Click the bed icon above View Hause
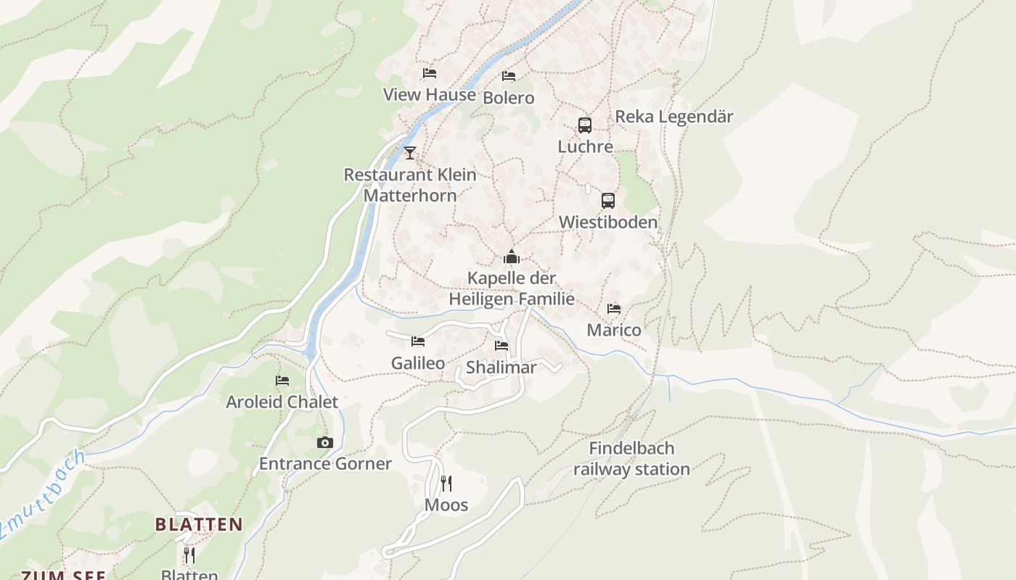coord(430,73)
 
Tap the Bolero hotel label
coord(508,98)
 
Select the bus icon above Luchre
coord(585,125)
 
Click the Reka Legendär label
coord(674,117)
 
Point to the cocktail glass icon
coord(410,152)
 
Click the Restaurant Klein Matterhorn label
coord(410,185)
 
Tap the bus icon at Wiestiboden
coord(608,201)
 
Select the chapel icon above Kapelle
coord(512,257)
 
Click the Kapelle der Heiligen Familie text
coord(512,289)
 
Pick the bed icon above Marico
coord(614,309)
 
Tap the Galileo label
coord(418,363)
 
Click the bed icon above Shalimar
coord(501,346)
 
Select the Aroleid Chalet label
coord(282,402)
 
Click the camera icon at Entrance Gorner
coord(324,442)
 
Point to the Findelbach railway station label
coord(631,459)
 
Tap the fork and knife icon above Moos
coord(446,483)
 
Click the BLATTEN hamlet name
coord(199,524)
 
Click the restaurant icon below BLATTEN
coord(189,555)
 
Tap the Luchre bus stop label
coord(585,146)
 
